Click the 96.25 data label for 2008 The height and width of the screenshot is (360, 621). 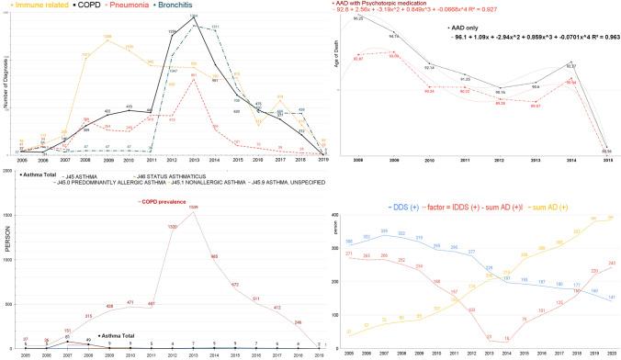[x=357, y=18]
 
